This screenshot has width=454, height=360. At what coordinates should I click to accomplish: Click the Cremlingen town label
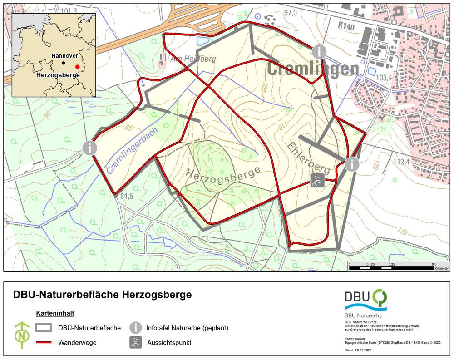(313, 69)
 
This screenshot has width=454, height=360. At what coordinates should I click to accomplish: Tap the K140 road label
(346, 27)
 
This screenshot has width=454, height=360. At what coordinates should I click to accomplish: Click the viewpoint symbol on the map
(317, 181)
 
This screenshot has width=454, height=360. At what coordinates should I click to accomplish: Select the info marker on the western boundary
(90, 148)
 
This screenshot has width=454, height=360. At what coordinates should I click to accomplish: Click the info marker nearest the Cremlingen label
(320, 52)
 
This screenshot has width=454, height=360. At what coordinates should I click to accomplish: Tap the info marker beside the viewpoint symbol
(352, 164)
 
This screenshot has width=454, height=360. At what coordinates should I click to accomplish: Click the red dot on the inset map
(78, 66)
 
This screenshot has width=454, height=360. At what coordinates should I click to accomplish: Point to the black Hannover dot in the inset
(64, 62)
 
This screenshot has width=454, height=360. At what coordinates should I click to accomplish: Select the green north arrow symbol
(21, 335)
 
